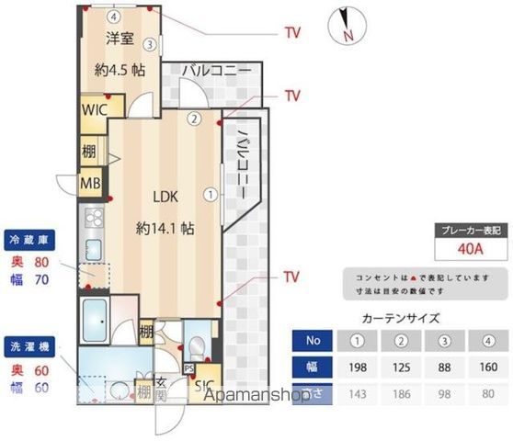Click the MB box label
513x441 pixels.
click(90, 182)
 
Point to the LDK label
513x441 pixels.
click(165, 196)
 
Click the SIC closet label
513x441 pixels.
click(203, 385)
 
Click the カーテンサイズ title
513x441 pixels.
click(401, 319)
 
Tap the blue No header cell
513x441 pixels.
click(313, 341)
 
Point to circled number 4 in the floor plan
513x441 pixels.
click(112, 17)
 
